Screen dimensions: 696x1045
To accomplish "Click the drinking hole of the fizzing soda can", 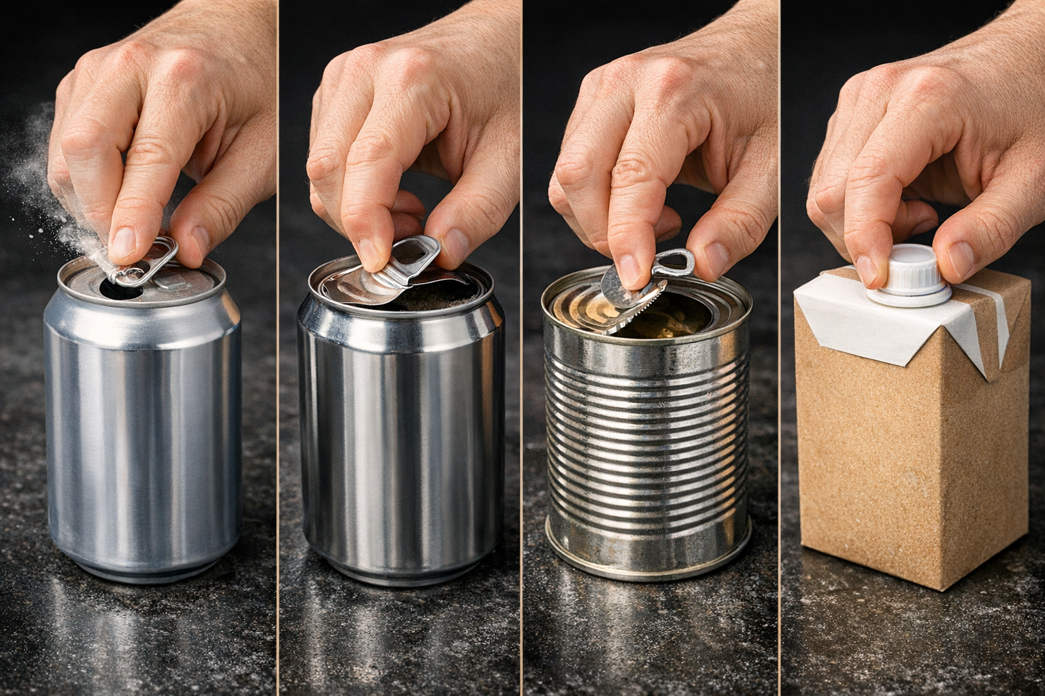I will pos(119,289).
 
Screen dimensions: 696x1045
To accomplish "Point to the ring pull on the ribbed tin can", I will pos(677,262).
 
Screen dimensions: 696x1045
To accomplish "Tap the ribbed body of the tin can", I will pos(646,421).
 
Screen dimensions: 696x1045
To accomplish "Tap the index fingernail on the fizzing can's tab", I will pos(123,242).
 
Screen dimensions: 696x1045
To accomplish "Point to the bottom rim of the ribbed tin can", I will pos(646,554).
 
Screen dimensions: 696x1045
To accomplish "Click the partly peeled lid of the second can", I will pos(354,285).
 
